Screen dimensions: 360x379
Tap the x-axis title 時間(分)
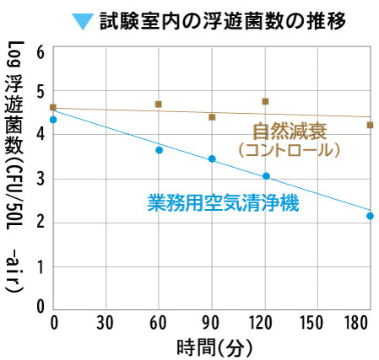coord(214,347)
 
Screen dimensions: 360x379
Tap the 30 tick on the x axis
coord(106,322)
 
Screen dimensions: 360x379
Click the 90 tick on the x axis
coord(210,322)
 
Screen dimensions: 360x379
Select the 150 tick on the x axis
coord(315,322)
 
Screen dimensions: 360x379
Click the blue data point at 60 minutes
coord(159,150)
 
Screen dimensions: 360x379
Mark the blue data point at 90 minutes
coord(212,159)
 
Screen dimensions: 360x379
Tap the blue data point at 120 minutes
coord(266,176)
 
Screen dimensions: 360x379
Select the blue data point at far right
coord(370,216)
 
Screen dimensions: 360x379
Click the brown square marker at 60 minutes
coord(158,104)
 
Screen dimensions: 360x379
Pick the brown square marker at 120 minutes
coord(266,101)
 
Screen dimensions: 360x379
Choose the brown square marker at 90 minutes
coord(212,117)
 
